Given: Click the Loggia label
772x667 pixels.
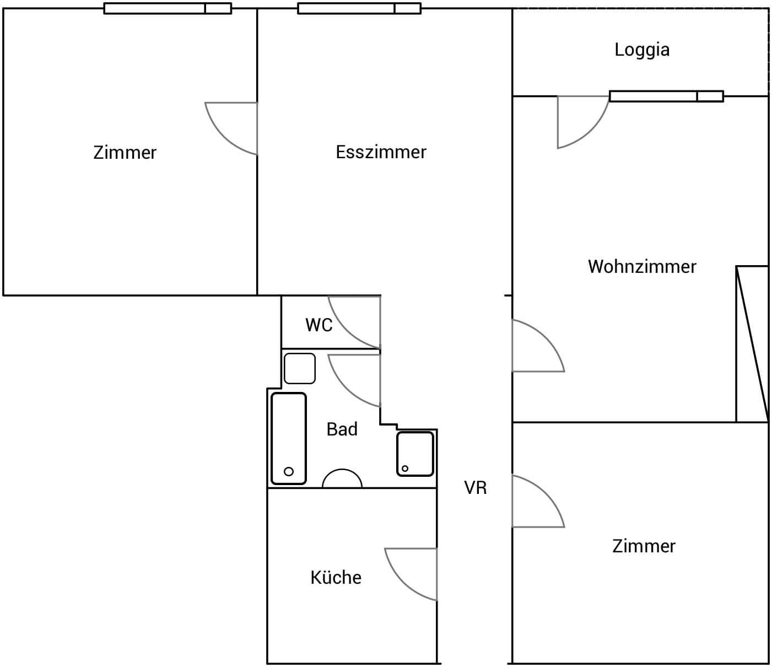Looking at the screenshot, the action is [x=642, y=50].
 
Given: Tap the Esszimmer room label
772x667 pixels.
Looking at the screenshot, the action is [x=381, y=152].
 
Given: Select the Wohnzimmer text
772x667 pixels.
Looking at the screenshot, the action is [x=642, y=267].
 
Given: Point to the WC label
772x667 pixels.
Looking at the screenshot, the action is [x=318, y=325].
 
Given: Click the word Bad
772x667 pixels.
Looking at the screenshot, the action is [x=342, y=429].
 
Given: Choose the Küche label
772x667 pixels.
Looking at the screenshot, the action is [x=336, y=577].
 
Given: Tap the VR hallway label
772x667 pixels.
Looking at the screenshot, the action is [x=476, y=488].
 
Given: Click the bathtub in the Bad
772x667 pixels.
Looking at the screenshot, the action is [x=289, y=439].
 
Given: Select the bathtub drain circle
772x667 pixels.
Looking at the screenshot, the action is [x=289, y=471].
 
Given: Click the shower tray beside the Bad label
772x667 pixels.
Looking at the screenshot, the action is [x=415, y=454].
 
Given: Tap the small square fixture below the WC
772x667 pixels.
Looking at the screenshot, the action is [x=300, y=368].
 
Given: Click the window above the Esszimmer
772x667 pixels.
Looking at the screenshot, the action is [x=359, y=8].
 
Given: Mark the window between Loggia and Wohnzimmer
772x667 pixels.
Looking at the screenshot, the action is [x=666, y=96].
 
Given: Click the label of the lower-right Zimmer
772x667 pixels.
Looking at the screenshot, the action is [x=644, y=546].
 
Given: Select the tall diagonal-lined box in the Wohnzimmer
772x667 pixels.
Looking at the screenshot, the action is [x=752, y=344].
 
